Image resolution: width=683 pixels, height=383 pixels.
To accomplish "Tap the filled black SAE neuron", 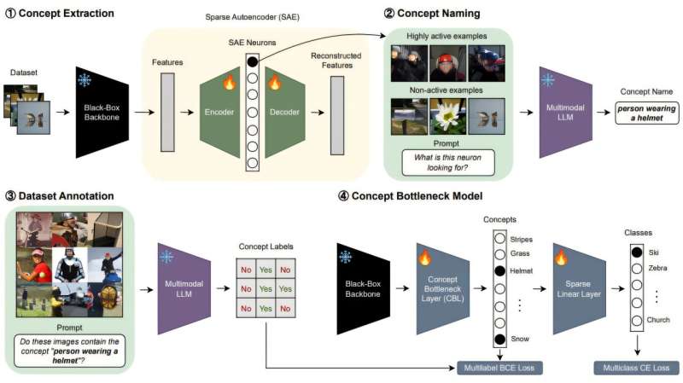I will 252,61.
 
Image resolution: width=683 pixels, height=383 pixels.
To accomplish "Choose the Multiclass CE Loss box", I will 637,368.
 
